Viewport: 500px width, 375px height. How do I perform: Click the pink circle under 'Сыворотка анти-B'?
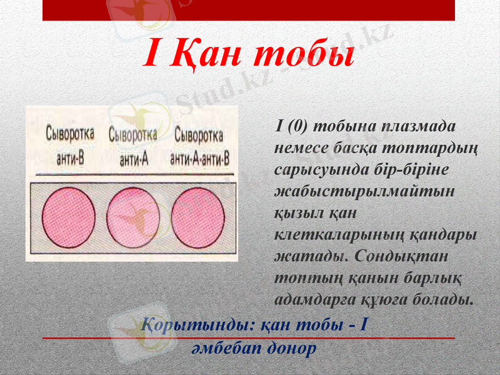tap(69, 215)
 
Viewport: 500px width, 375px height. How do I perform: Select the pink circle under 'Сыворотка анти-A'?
tap(134, 215)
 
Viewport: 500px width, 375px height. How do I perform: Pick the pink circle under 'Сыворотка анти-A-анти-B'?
tap(197, 215)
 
